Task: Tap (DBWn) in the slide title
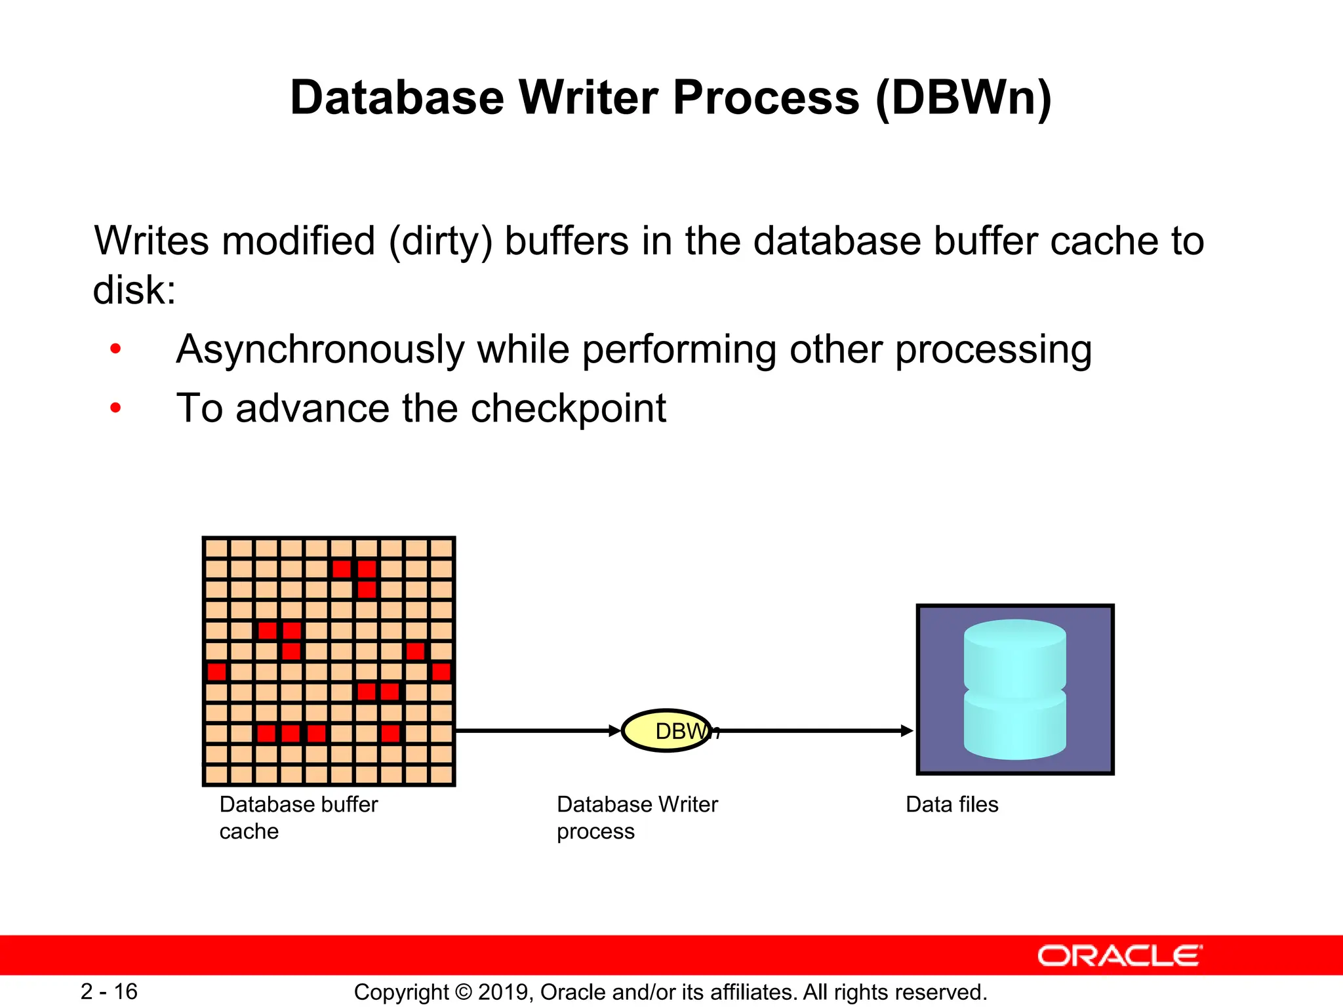click(x=963, y=98)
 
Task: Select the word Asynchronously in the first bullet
click(x=320, y=349)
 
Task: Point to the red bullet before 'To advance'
click(x=116, y=408)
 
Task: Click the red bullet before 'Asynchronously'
click(x=116, y=349)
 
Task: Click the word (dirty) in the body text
click(x=440, y=241)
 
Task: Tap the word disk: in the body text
click(x=134, y=290)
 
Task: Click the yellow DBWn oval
click(x=666, y=730)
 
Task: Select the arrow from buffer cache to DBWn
click(x=538, y=730)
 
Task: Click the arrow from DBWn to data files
click(x=813, y=730)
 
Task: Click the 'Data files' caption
click(x=952, y=804)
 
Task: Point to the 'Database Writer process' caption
click(x=637, y=818)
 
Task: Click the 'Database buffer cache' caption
click(x=298, y=818)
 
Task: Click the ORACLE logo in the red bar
click(x=1119, y=956)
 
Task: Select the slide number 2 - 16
click(x=109, y=991)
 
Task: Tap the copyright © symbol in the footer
click(x=463, y=992)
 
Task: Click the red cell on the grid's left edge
click(x=216, y=671)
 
